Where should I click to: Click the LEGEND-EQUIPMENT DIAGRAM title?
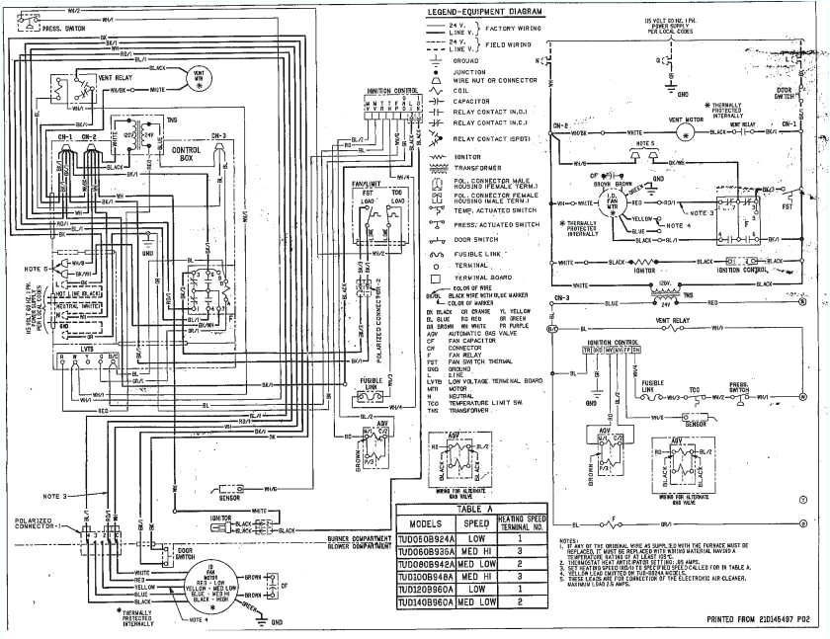(x=485, y=11)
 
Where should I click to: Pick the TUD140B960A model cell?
(x=425, y=601)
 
